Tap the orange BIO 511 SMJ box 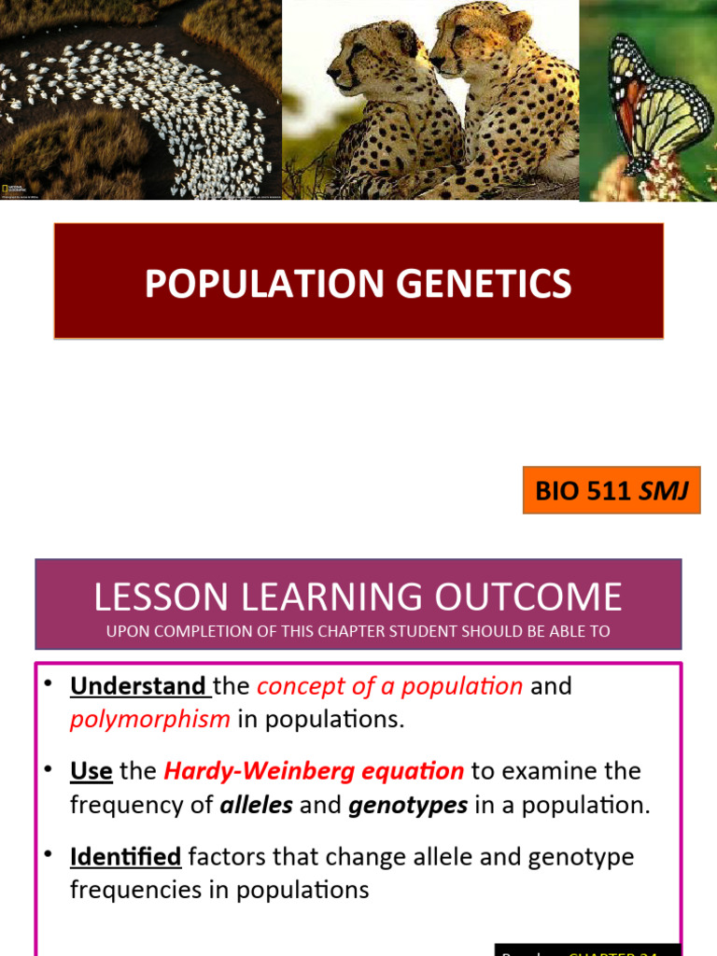pyautogui.click(x=612, y=490)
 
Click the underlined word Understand pyautogui.click(x=139, y=686)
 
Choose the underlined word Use pyautogui.click(x=91, y=771)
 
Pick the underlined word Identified pyautogui.click(x=125, y=856)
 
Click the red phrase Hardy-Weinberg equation pyautogui.click(x=314, y=771)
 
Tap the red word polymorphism pyautogui.click(x=149, y=719)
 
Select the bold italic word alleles pyautogui.click(x=256, y=805)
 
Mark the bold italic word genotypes pyautogui.click(x=408, y=805)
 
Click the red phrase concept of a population pyautogui.click(x=389, y=686)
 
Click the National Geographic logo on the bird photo pyautogui.click(x=8, y=189)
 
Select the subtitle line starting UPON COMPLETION pyautogui.click(x=358, y=631)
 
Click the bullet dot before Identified pyautogui.click(x=49, y=853)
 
